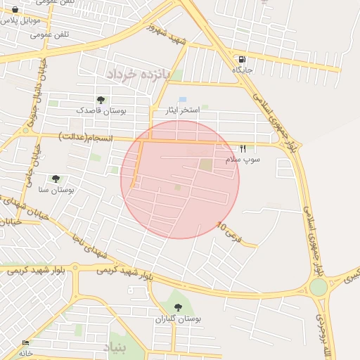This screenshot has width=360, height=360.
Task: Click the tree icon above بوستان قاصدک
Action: (x=101, y=100)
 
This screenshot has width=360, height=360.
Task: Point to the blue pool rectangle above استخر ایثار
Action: (x=183, y=100)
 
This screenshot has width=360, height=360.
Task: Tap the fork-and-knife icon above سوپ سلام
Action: (x=243, y=148)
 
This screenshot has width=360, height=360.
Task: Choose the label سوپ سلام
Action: (x=243, y=160)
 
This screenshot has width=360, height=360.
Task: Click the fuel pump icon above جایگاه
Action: (x=242, y=60)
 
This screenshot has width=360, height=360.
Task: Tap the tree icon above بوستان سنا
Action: (x=56, y=179)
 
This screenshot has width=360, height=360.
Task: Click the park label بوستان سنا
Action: (x=56, y=190)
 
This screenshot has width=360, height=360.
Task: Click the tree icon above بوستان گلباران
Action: (x=178, y=307)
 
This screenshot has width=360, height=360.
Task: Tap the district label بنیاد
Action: (x=117, y=347)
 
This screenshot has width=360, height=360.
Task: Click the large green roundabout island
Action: (x=319, y=288)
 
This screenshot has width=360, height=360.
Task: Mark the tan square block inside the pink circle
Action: (x=205, y=165)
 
